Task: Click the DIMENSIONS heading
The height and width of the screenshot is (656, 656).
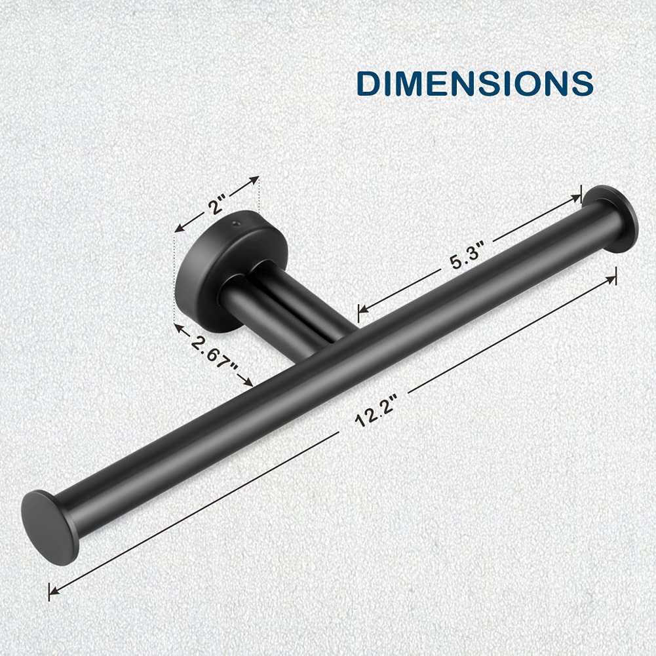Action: point(475,83)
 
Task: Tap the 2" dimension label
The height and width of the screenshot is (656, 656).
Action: point(218,204)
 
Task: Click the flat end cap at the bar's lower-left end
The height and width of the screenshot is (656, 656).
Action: point(50,528)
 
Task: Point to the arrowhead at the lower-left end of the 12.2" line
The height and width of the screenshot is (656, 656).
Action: point(54,590)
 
